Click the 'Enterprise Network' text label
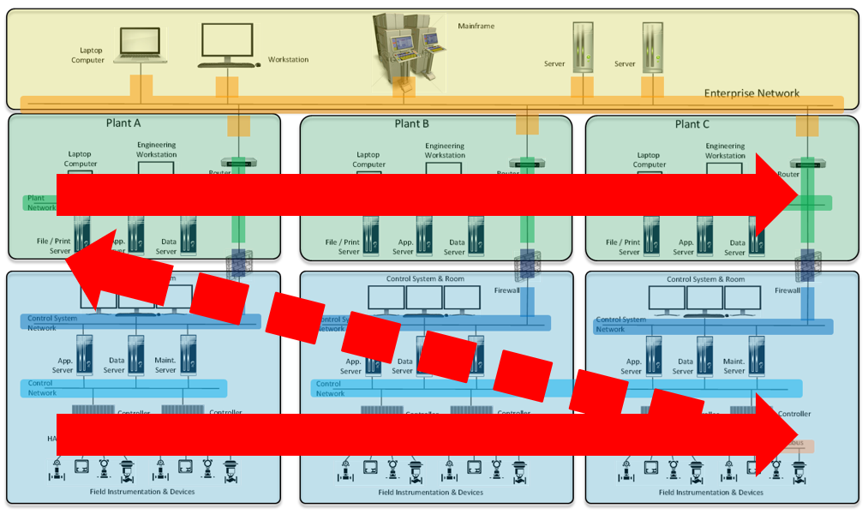(x=751, y=93)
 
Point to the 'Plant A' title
(x=123, y=123)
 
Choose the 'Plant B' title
(x=411, y=123)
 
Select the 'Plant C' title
(x=692, y=124)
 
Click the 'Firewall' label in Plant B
(x=507, y=290)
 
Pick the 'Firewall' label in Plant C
(x=787, y=290)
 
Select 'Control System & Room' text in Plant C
(x=706, y=279)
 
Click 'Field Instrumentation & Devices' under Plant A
(x=142, y=492)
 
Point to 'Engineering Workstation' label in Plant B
(x=445, y=151)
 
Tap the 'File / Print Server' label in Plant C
(x=629, y=248)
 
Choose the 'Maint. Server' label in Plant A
(x=165, y=366)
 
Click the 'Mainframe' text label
(x=476, y=27)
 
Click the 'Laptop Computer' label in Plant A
(x=81, y=159)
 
